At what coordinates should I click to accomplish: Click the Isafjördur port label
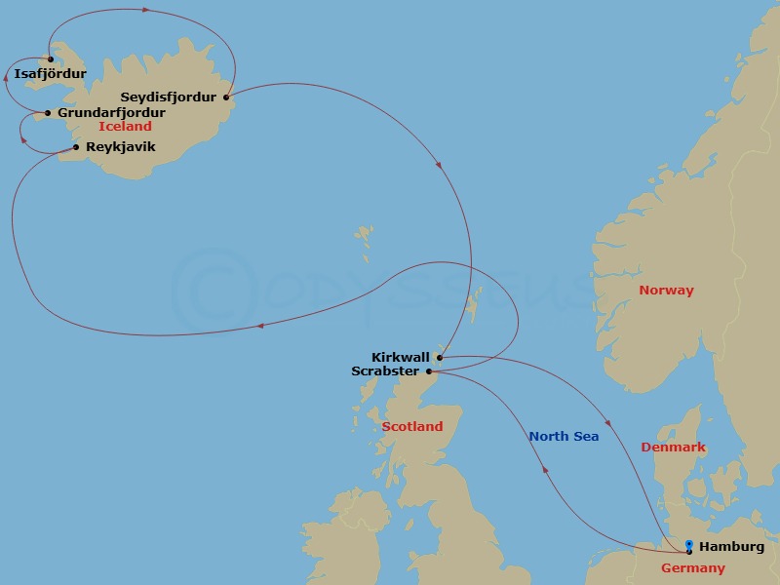[x=51, y=73]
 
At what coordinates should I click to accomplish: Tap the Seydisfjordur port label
[x=168, y=97]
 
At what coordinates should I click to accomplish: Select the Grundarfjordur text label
[x=111, y=112]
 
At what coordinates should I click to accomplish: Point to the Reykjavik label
[x=120, y=147]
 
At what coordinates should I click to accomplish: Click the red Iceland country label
[x=125, y=127]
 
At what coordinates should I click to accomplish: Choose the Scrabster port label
[x=385, y=371]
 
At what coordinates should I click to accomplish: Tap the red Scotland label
[x=411, y=426]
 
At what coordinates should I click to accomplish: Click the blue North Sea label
[x=564, y=437]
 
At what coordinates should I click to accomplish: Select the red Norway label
[x=666, y=290]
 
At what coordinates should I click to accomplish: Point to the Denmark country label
[x=673, y=448]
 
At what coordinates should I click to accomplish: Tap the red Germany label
[x=693, y=568]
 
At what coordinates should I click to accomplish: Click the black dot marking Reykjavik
[x=76, y=147]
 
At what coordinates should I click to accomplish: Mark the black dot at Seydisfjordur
[x=225, y=97]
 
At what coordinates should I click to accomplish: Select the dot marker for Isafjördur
[x=50, y=59]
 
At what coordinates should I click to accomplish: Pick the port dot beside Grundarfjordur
[x=48, y=113]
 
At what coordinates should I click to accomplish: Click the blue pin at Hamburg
[x=689, y=546]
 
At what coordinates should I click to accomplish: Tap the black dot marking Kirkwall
[x=440, y=358]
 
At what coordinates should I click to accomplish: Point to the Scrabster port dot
[x=429, y=371]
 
